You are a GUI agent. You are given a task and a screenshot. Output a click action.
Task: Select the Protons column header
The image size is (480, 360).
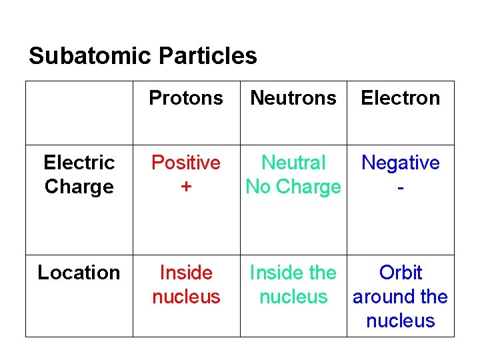(x=186, y=98)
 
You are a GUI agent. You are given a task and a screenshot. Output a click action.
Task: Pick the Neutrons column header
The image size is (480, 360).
(x=293, y=98)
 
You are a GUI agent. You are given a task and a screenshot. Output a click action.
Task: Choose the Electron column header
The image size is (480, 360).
(x=401, y=98)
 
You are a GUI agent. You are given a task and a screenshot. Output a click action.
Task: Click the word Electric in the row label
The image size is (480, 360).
(x=79, y=163)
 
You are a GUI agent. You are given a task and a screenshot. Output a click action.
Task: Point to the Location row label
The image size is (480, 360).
(x=79, y=273)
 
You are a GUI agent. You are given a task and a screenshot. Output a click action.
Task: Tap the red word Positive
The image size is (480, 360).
(x=186, y=163)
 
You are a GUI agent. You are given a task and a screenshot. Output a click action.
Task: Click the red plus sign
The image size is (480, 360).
(x=186, y=187)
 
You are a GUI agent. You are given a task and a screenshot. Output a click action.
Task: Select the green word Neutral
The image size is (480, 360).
(x=293, y=163)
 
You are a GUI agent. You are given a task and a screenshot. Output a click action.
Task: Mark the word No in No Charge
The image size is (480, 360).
(x=259, y=187)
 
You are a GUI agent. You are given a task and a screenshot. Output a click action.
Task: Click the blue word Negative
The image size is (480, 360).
(x=401, y=163)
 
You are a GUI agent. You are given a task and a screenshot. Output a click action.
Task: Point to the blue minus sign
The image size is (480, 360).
(x=400, y=188)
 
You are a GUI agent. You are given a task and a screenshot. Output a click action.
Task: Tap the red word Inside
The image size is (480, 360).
(x=186, y=273)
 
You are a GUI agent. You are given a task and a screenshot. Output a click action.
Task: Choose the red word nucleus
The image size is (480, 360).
(x=186, y=297)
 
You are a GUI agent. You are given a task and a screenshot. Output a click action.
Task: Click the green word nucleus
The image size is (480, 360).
(x=293, y=297)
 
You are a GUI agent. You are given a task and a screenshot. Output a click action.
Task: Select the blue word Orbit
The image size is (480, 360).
(x=401, y=273)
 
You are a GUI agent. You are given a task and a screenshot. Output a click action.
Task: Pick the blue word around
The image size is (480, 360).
(x=381, y=297)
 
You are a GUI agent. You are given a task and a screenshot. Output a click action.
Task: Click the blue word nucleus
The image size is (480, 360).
(x=401, y=321)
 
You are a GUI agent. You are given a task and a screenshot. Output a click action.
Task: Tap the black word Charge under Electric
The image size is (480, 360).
(x=79, y=187)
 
